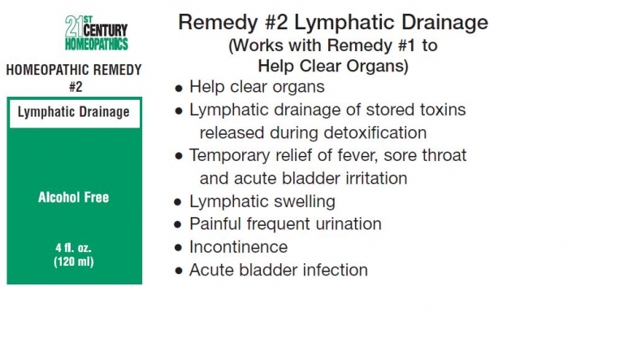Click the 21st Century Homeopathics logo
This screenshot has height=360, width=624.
(x=97, y=33)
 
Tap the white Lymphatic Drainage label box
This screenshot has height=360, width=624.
(x=75, y=114)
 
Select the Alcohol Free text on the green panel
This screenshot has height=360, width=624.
(x=74, y=197)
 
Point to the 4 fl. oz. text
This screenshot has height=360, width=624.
(x=74, y=248)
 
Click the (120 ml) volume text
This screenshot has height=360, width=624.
(x=74, y=262)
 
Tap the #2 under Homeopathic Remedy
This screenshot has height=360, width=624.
(x=76, y=86)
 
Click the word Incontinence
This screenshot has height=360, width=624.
(x=238, y=247)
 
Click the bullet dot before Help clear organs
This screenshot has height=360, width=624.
(x=179, y=89)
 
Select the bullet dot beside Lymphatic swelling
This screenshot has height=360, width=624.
(x=178, y=202)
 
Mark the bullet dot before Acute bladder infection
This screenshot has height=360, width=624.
(x=178, y=271)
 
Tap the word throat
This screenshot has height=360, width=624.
(x=444, y=155)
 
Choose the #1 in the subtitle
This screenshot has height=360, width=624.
(x=407, y=46)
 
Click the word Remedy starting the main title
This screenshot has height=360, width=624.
(x=218, y=23)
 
